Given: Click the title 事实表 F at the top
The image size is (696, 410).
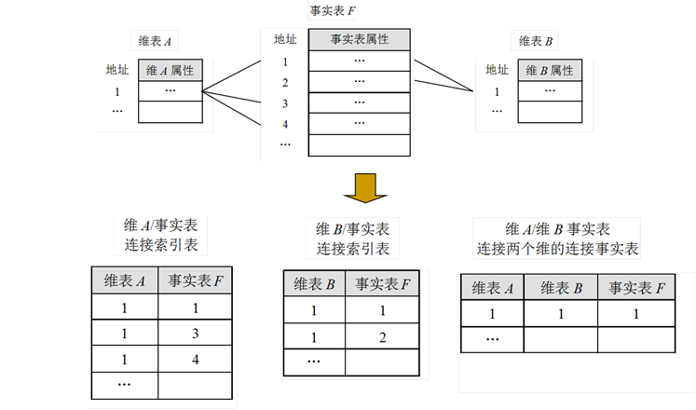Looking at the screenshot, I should coord(334,12).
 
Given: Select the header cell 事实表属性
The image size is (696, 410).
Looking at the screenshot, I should coord(359,40).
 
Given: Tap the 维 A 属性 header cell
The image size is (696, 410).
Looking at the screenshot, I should coord(171,70).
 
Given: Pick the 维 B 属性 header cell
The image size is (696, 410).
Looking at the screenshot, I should coord(550,70).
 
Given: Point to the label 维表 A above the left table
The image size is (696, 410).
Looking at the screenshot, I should coord(156,41).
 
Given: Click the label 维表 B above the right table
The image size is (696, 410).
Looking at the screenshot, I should coord(536,41).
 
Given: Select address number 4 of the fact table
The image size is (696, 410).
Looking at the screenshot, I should coord(285,124).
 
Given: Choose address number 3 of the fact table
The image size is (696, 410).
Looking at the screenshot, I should coord(285,103).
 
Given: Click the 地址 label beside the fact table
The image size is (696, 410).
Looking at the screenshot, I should coord(285,39).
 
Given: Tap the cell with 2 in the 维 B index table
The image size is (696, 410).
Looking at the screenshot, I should coord(381,335).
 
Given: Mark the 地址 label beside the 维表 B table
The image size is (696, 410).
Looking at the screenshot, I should coord(497,69).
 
